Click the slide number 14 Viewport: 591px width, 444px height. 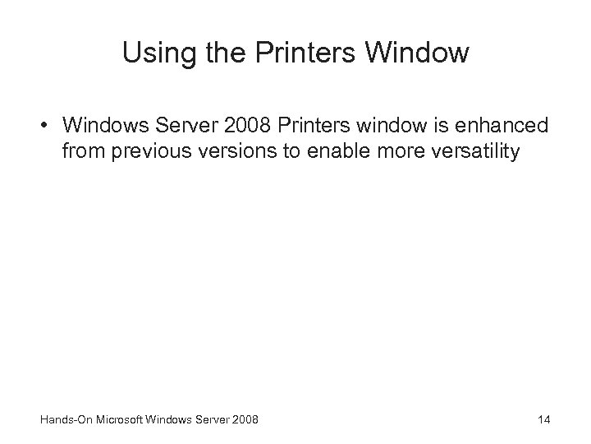point(543,421)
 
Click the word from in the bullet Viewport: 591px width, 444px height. point(79,152)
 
